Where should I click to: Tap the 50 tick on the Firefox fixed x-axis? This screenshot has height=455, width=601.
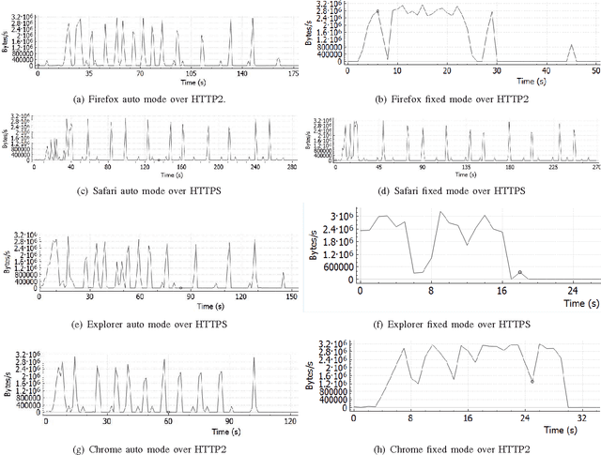click(593, 71)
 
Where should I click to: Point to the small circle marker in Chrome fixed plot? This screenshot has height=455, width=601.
click(532, 381)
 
